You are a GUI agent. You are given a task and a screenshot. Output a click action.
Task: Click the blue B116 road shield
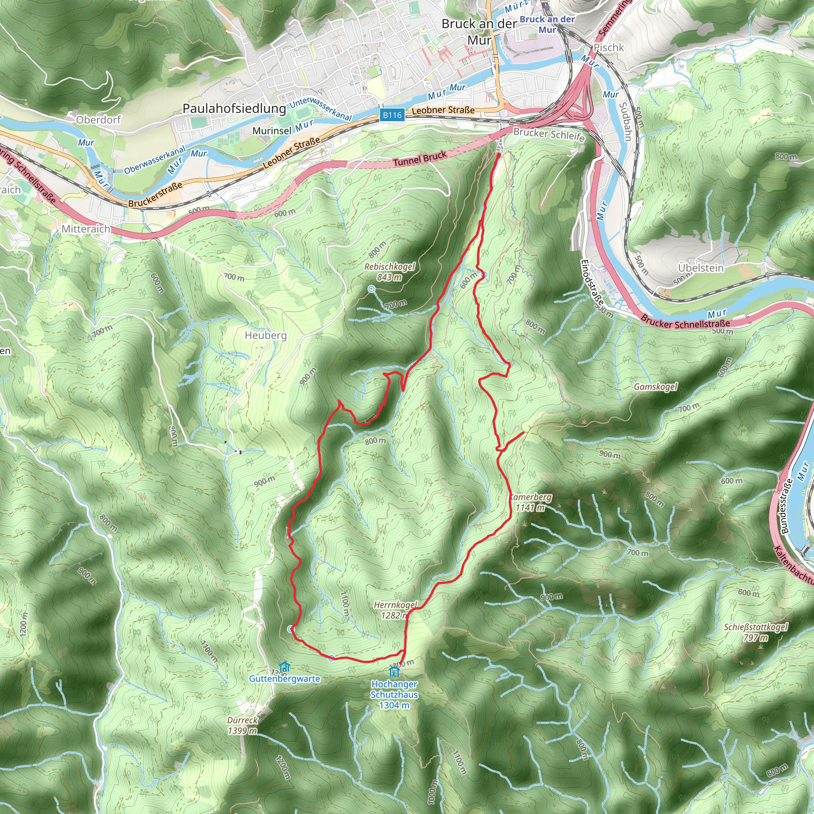392,115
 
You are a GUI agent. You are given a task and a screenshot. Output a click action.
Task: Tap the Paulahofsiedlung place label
234,109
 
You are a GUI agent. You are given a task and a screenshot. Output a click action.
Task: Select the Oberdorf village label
98,120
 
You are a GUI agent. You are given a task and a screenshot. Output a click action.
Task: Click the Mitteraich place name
86,229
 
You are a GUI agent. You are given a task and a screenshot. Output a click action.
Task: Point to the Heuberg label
266,335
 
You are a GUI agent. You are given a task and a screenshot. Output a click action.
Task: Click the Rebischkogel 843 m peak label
389,272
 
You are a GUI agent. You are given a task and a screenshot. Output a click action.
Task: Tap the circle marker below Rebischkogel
371,289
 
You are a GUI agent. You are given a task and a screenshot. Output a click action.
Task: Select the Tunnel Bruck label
420,159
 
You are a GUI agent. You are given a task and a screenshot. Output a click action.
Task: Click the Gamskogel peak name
655,387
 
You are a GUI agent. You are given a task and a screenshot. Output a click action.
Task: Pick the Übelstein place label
701,268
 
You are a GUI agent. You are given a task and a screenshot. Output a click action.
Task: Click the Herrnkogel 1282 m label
395,610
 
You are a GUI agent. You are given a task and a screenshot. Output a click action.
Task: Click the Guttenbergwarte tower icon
285,667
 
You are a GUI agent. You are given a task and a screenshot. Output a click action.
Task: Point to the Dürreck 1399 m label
242,725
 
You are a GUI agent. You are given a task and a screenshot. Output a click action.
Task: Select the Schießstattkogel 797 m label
756,632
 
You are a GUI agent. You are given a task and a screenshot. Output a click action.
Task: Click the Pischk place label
609,48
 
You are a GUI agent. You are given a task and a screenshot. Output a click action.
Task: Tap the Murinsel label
272,131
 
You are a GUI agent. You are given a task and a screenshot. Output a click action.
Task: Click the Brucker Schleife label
548,134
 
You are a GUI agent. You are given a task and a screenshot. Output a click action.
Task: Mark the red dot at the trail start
498,155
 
